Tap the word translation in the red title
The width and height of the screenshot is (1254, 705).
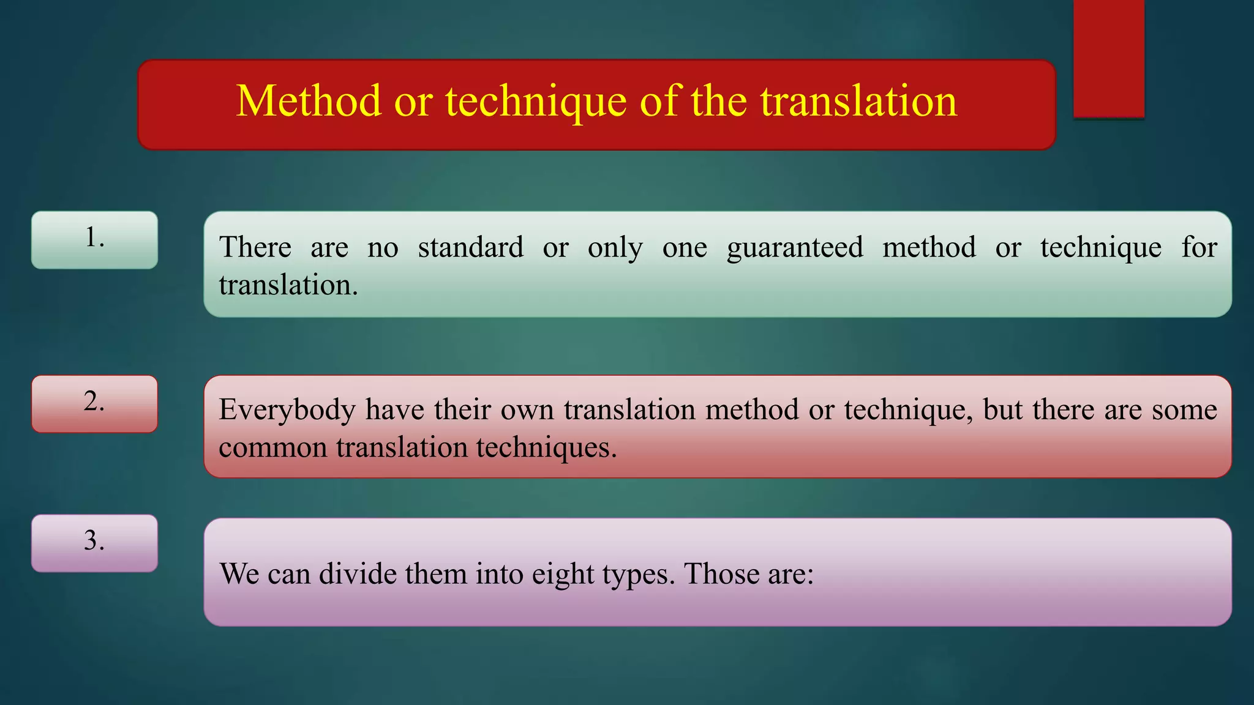tap(858, 101)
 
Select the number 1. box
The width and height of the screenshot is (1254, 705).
tap(94, 239)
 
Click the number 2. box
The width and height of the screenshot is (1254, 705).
tap(94, 403)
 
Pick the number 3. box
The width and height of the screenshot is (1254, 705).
tap(94, 543)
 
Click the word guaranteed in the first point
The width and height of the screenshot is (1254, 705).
tap(795, 248)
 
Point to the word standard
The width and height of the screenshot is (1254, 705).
tap(470, 248)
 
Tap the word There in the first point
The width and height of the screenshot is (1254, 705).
tap(255, 248)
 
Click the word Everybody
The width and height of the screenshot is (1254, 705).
tap(287, 410)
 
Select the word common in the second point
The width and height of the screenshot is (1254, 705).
tap(273, 448)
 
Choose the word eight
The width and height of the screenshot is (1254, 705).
tap(563, 575)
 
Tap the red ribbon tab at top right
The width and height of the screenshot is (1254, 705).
tap(1108, 58)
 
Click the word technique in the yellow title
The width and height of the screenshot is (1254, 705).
tap(536, 101)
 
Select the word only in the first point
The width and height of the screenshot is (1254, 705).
tap(615, 248)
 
